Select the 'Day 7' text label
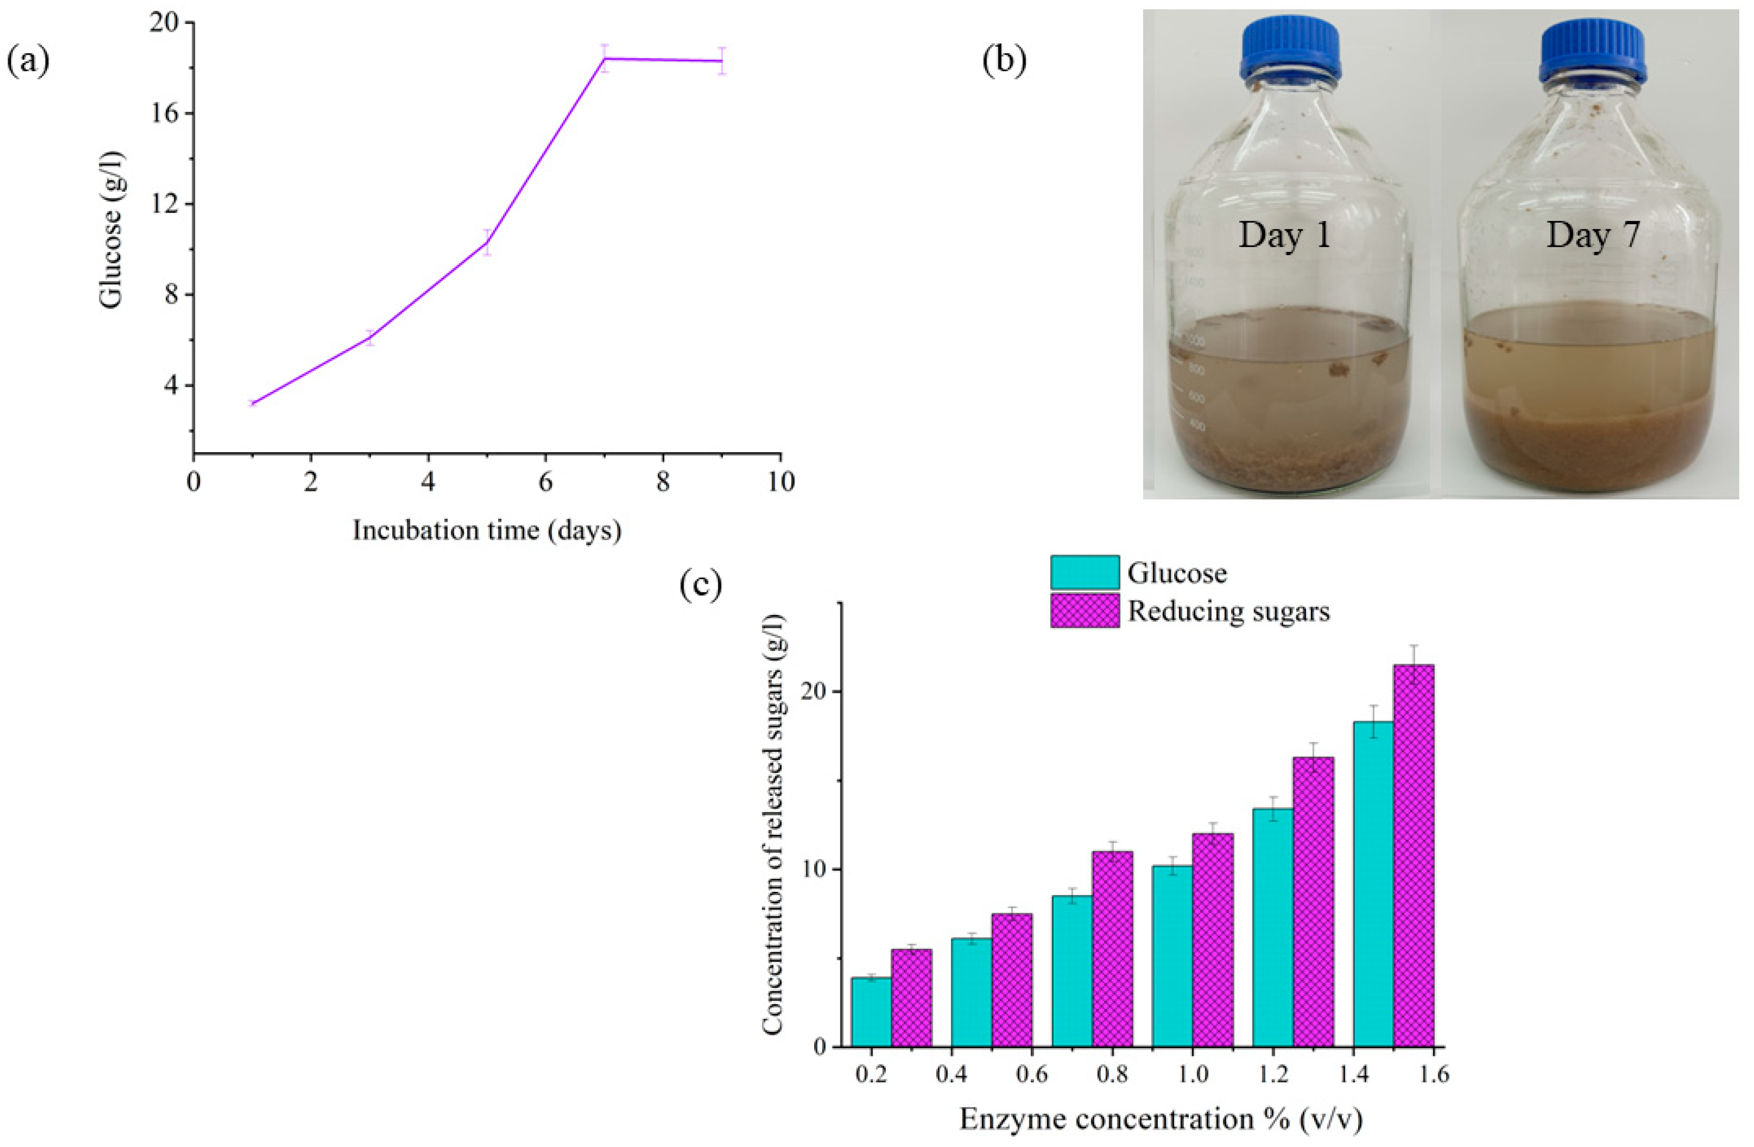[x=1592, y=235]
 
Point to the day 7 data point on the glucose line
[x=604, y=58]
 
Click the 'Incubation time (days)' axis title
[x=486, y=530]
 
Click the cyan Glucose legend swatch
[x=1084, y=573]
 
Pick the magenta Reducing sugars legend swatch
[x=1084, y=611]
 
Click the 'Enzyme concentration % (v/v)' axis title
[x=1161, y=1118]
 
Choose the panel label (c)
[x=700, y=584]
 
